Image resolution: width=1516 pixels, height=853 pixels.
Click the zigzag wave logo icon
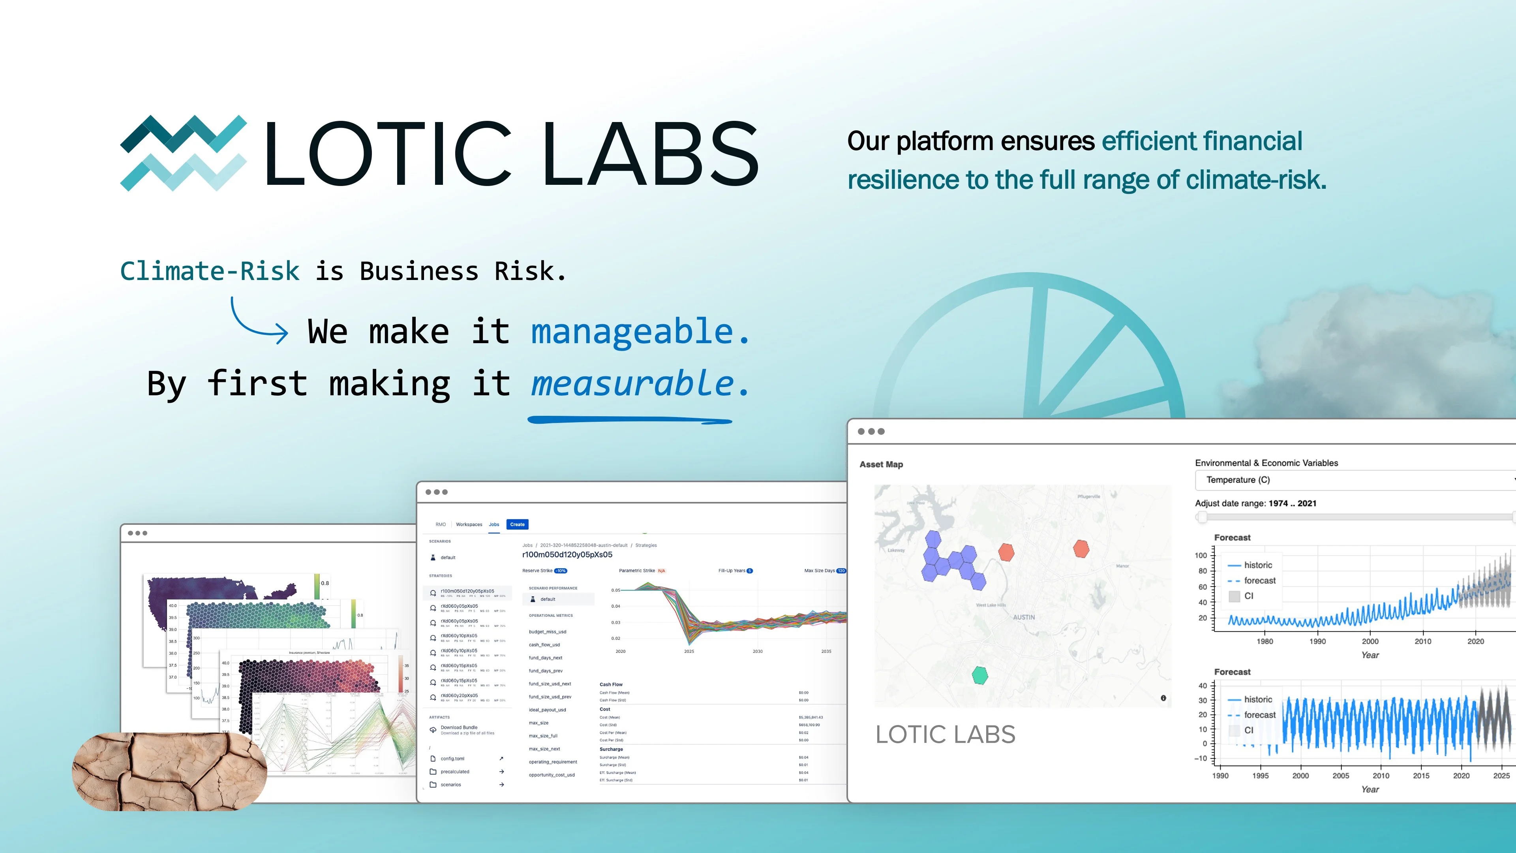183,153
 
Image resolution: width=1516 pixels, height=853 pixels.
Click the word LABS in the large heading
650,154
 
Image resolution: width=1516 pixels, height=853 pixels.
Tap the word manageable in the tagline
632,331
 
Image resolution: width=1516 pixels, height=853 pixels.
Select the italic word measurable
632,384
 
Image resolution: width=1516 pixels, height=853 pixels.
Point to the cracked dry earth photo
169,771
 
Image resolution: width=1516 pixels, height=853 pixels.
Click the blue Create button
517,524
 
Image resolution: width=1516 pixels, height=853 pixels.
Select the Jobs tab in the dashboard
494,524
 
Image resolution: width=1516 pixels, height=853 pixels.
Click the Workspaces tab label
469,524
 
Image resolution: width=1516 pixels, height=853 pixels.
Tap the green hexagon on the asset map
979,675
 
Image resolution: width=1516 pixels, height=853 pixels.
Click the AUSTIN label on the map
1023,617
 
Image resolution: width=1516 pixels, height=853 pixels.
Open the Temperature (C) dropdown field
1354,480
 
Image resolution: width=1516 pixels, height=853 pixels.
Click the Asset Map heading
881,464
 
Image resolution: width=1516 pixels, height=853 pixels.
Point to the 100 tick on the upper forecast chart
1201,555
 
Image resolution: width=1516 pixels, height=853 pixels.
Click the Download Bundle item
459,727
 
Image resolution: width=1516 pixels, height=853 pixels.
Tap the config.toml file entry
452,758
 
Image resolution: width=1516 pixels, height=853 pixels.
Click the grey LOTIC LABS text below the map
945,734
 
